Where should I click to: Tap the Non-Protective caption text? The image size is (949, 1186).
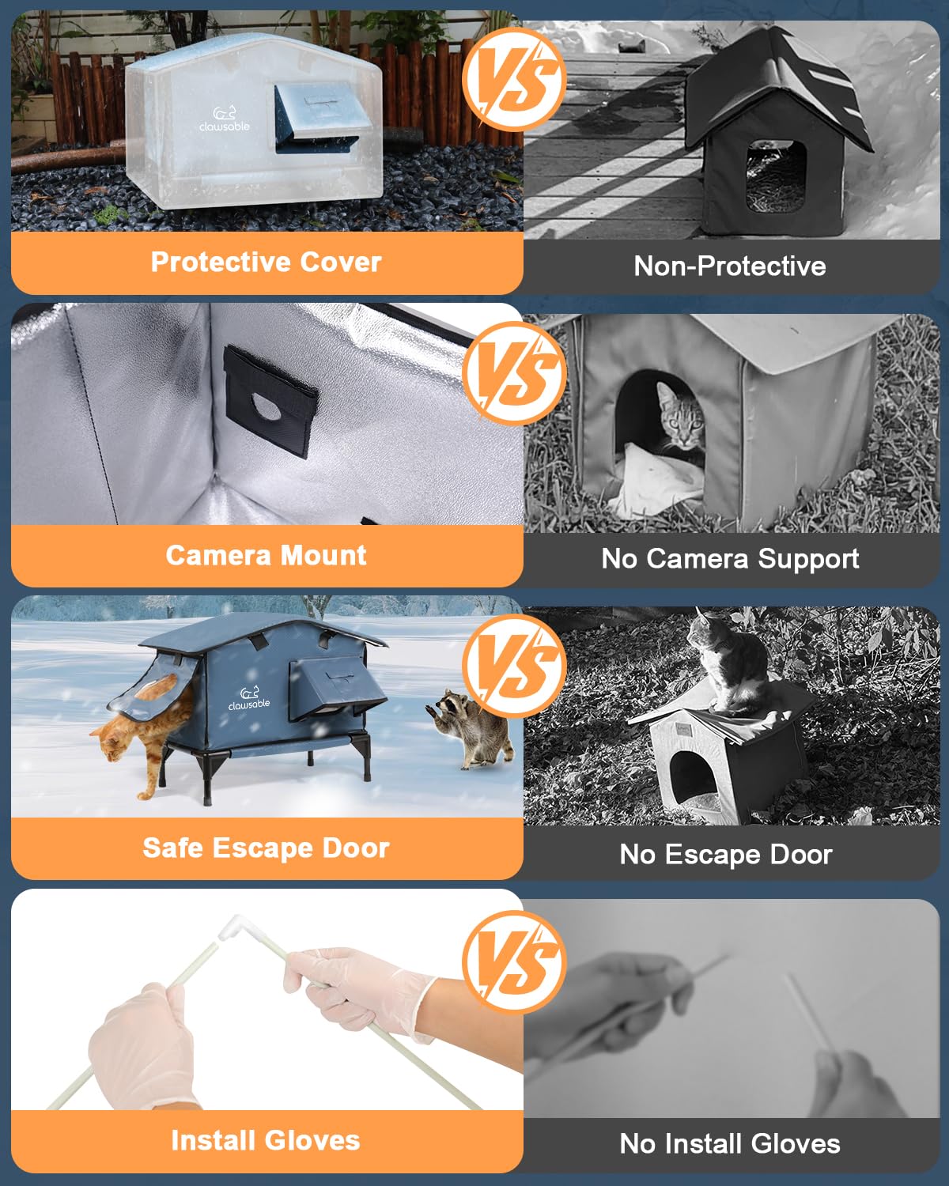tap(729, 266)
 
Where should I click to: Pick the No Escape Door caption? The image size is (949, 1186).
tap(726, 854)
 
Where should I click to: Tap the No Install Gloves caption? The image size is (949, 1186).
tap(729, 1143)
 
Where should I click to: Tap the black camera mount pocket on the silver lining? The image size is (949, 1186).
tap(270, 401)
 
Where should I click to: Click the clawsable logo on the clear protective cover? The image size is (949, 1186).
tap(225, 119)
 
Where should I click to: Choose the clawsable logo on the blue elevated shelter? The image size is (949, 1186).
tap(249, 699)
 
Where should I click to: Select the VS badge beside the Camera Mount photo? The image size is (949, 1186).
tap(515, 374)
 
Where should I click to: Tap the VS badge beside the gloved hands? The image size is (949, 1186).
tap(515, 964)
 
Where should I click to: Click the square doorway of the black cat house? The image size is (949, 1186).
tap(776, 176)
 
